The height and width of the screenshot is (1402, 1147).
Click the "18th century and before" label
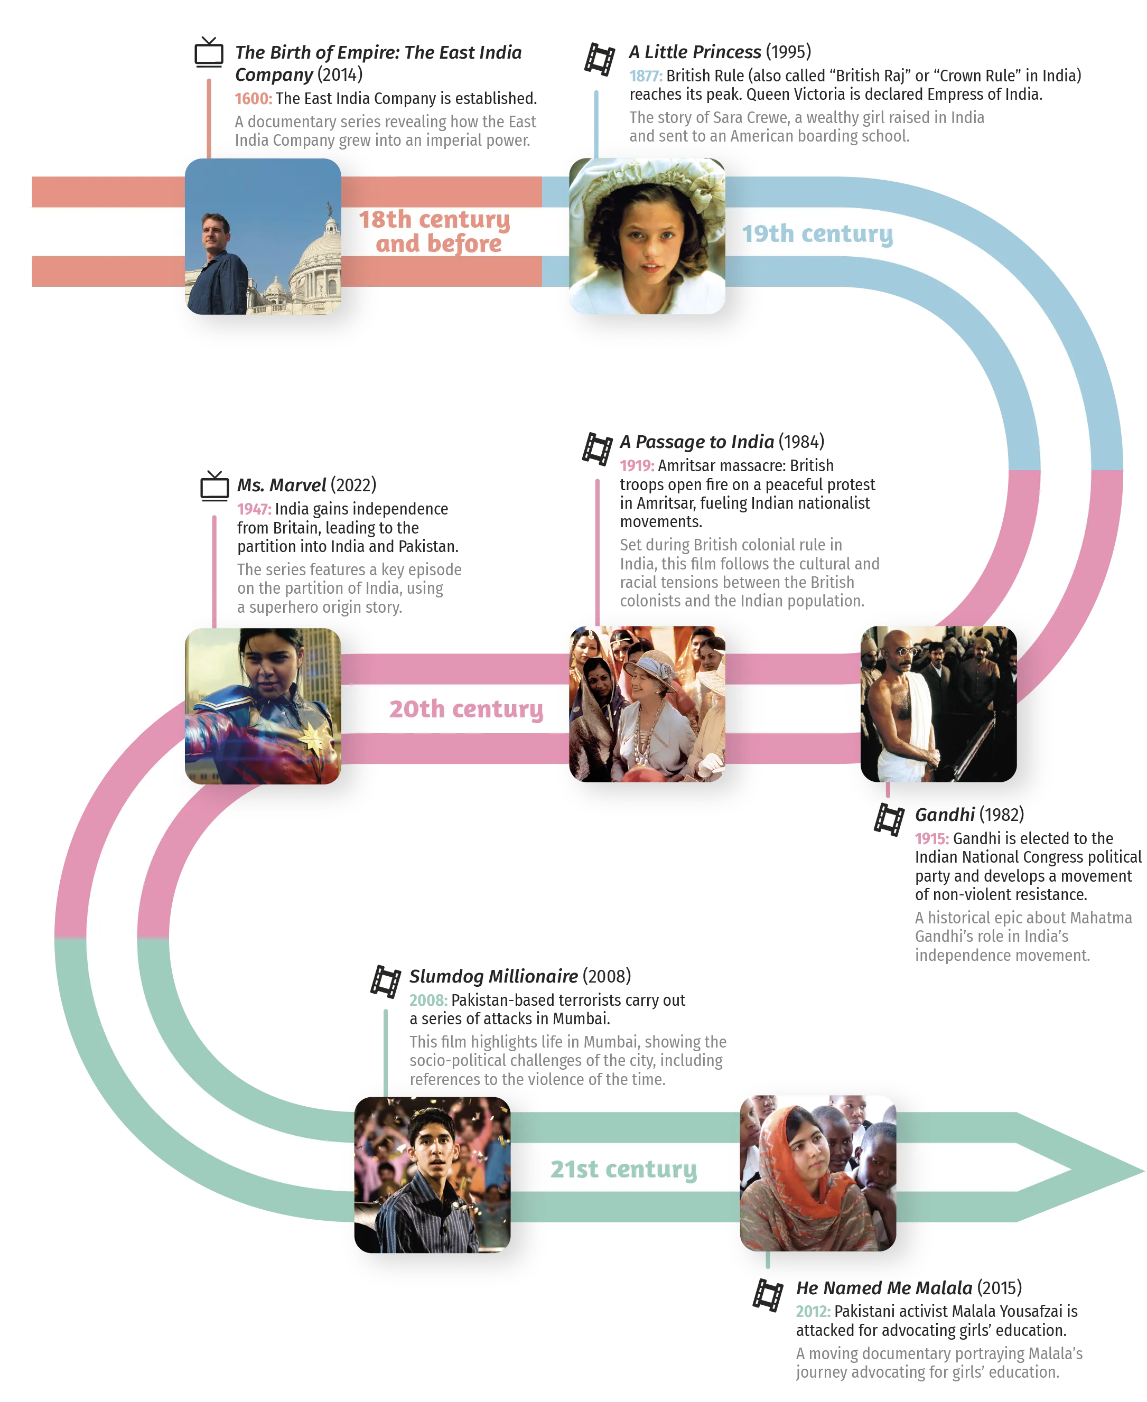pyautogui.click(x=435, y=231)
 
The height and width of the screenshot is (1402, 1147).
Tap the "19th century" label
pyautogui.click(x=817, y=233)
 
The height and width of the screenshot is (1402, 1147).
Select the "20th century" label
pyautogui.click(x=466, y=708)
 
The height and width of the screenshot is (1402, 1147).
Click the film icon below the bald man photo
pyautogui.click(x=889, y=820)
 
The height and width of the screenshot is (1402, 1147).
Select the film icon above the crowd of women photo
pyautogui.click(x=596, y=449)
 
